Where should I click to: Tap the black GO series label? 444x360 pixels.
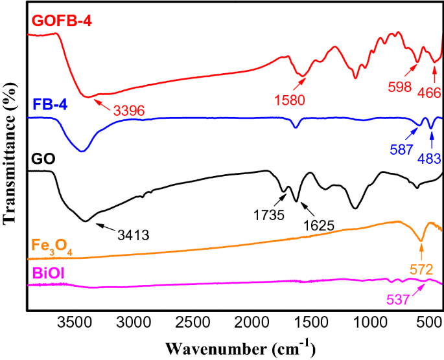(x=41, y=158)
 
